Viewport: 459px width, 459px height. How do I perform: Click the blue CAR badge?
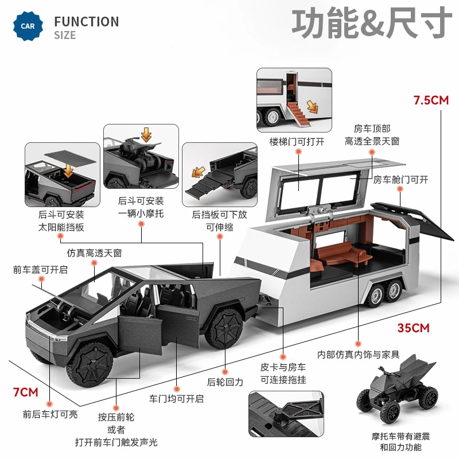point(27,26)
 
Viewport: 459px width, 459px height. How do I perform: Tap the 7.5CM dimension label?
point(430,100)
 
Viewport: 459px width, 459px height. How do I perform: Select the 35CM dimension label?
point(413,328)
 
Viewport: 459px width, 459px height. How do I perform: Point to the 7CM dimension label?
point(25,392)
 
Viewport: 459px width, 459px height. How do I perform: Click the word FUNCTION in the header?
point(86,22)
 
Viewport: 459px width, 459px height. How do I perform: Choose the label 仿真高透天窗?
point(94,252)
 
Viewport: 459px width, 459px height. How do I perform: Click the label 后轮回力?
point(225,382)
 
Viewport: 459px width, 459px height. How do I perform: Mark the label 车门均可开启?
point(176,399)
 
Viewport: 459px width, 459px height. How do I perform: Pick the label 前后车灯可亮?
point(50,414)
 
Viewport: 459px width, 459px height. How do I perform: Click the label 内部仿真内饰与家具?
point(359,355)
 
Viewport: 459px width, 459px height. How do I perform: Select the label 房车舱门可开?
point(401,180)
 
